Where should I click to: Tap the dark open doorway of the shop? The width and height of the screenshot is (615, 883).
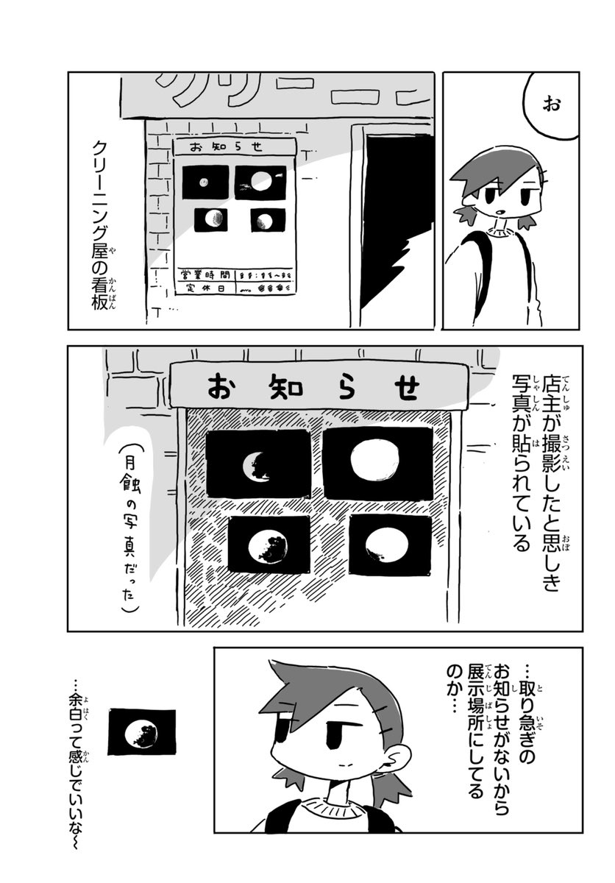click(x=394, y=213)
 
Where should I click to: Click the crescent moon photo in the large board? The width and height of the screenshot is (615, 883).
click(x=258, y=464)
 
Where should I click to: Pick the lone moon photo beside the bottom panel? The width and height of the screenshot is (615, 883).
click(x=142, y=732)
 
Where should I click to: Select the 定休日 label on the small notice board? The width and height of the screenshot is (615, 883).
click(x=200, y=288)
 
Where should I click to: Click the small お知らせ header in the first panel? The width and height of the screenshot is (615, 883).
click(x=234, y=146)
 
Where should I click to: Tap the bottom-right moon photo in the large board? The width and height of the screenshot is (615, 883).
click(x=389, y=545)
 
